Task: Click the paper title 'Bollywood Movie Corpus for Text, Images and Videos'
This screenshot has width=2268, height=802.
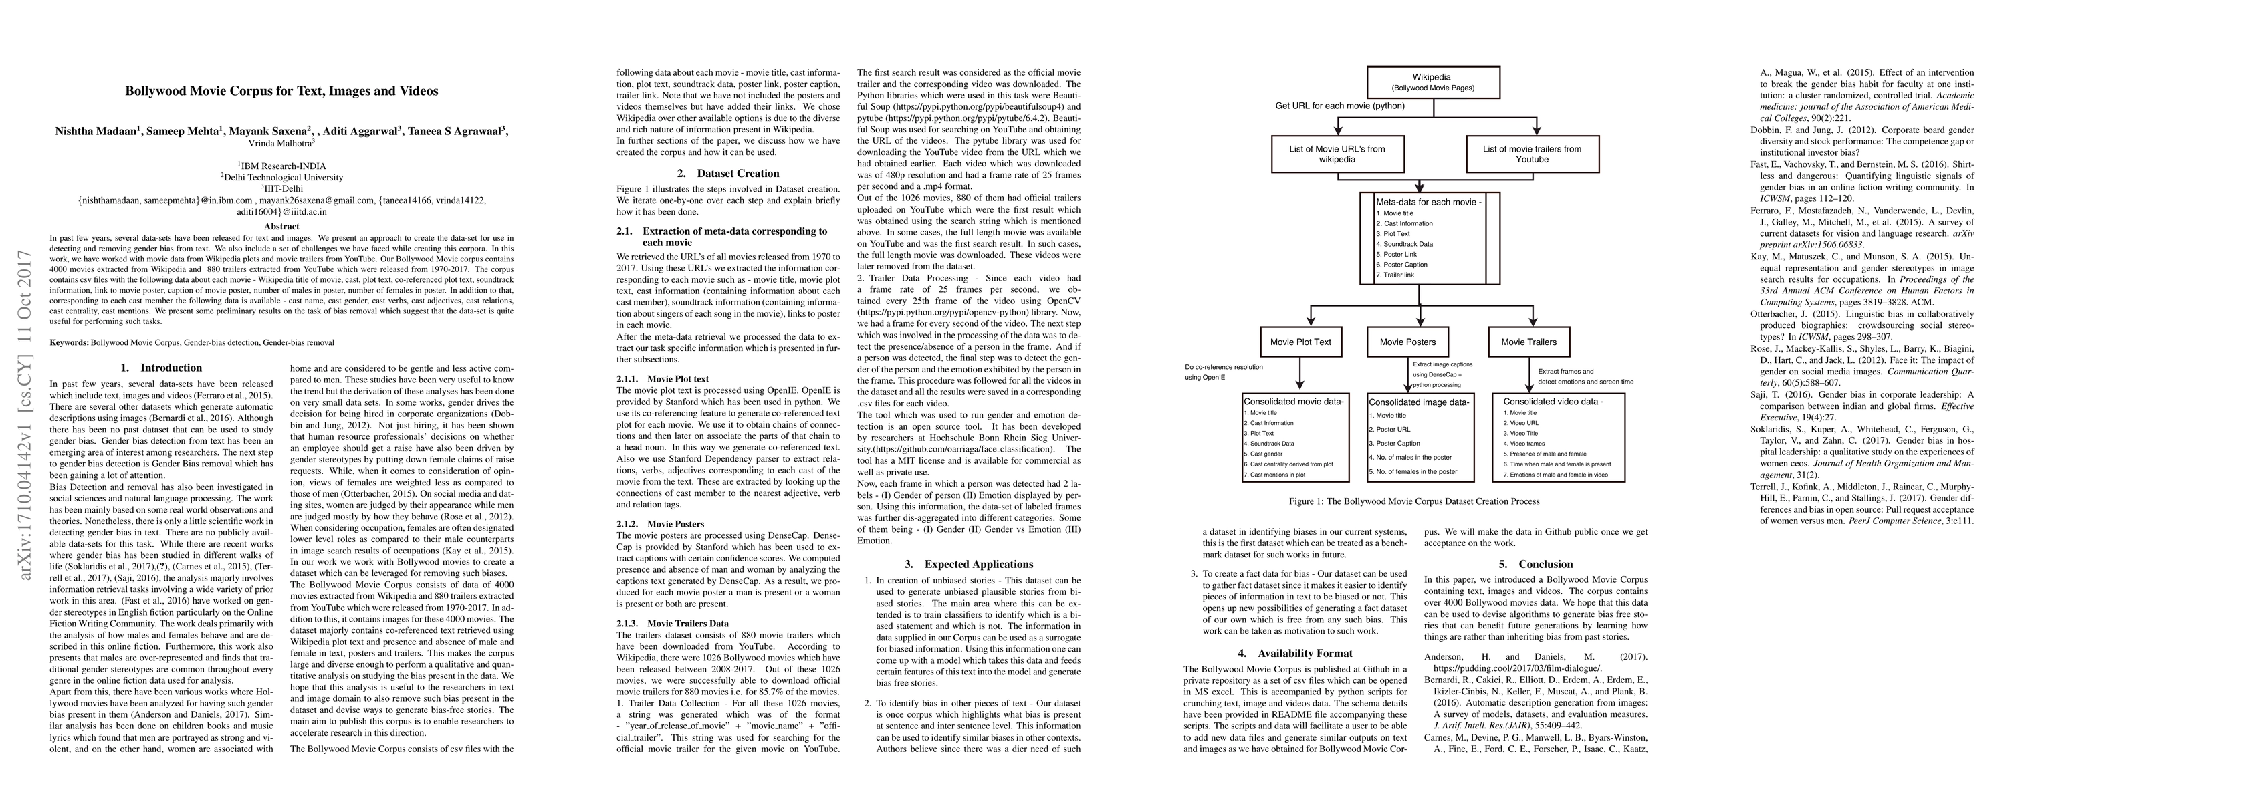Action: [x=281, y=91]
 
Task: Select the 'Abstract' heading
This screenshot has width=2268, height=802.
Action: [x=281, y=227]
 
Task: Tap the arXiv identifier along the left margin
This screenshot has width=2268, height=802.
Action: [x=27, y=414]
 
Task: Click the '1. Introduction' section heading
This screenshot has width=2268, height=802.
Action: [x=161, y=368]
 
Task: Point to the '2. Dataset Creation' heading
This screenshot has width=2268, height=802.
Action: [x=728, y=173]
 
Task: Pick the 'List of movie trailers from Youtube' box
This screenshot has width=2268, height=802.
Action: [x=1532, y=154]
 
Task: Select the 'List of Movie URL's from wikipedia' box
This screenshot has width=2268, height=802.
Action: [x=1337, y=154]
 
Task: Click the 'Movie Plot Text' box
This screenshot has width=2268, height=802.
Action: [x=1300, y=342]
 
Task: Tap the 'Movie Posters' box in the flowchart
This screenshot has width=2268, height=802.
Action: [x=1407, y=342]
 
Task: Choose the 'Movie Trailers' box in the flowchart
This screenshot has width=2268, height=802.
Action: [x=1528, y=342]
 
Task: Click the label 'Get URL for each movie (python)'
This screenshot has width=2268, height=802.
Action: [x=1340, y=106]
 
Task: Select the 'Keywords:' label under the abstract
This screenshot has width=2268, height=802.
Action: [x=70, y=342]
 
